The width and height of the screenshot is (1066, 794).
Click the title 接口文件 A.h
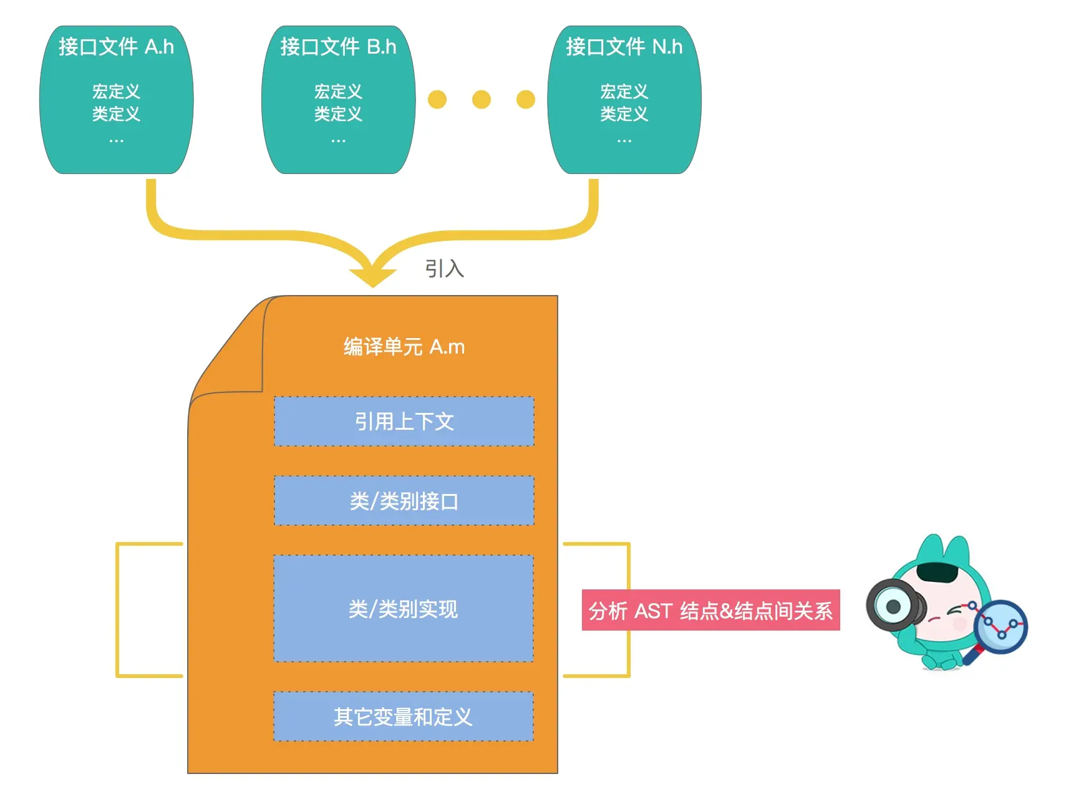click(116, 47)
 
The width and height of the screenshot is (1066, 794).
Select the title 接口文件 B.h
click(338, 47)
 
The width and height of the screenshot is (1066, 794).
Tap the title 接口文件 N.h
click(624, 47)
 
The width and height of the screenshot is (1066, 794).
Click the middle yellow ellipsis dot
click(481, 99)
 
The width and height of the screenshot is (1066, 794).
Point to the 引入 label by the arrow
click(444, 269)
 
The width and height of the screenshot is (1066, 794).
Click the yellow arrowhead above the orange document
click(372, 274)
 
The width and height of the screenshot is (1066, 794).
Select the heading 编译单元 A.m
click(404, 347)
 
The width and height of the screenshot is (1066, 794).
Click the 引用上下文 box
click(404, 422)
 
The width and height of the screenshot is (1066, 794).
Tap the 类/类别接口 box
click(404, 501)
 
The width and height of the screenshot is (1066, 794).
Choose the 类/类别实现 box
click(404, 608)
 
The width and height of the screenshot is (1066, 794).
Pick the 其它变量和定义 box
click(404, 717)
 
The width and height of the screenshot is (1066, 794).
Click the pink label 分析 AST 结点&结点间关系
click(710, 611)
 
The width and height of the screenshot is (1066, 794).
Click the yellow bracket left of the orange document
click(119, 609)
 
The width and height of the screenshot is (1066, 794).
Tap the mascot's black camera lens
click(893, 606)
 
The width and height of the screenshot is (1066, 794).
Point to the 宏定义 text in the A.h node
click(116, 92)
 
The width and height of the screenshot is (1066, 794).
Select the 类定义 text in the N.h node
click(624, 114)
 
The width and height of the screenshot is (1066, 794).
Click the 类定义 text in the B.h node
click(338, 114)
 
